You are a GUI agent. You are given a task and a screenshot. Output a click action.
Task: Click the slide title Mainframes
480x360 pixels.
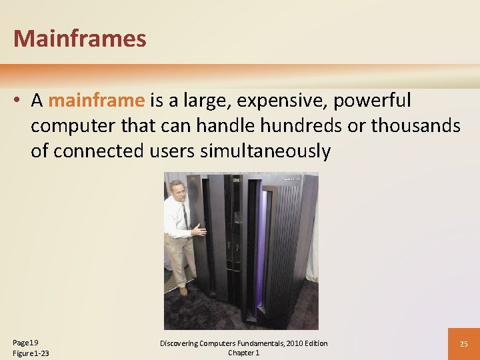tap(79, 39)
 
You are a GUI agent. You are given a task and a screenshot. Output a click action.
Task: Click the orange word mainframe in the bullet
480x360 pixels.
tap(96, 101)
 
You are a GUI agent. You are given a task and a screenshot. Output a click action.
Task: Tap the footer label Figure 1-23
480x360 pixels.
tap(31, 353)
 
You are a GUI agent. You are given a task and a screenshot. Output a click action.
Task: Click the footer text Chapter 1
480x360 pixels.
tap(243, 353)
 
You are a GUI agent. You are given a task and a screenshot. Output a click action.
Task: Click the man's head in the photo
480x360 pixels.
tap(177, 189)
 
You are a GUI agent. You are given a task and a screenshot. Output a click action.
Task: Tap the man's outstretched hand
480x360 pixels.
tap(199, 231)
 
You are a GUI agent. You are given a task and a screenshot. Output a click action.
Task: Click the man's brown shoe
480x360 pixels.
tap(183, 291)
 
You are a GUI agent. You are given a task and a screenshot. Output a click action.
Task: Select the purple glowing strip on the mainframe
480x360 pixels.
tap(260, 253)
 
